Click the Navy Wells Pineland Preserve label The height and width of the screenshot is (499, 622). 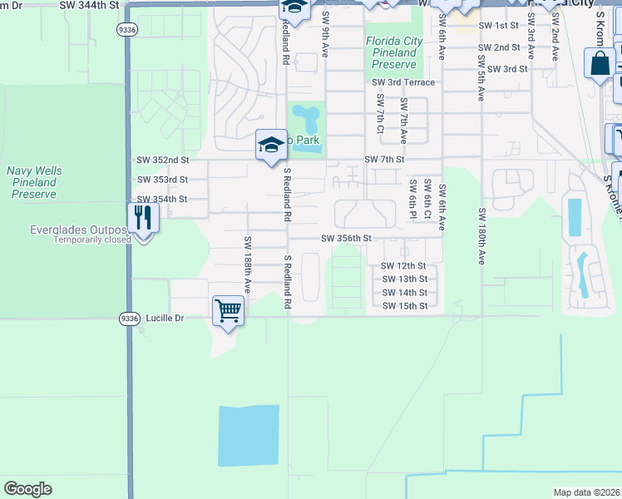coord(34,182)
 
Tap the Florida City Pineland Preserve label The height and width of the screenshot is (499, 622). coord(394,52)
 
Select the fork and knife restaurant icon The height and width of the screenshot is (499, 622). coord(143,218)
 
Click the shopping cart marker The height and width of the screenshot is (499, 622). coord(228,312)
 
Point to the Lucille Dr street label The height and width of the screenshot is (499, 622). coord(165,317)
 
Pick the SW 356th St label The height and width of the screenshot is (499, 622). coord(346,239)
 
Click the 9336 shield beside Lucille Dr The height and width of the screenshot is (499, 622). coord(129,317)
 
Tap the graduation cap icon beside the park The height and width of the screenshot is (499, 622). coord(270,146)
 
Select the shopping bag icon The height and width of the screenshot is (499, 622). coord(600,64)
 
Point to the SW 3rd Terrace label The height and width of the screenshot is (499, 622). coord(403,82)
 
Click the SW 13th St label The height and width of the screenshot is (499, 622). coord(404,279)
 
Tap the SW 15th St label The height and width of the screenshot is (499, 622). coord(404,306)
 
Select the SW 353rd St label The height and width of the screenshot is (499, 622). coord(162,180)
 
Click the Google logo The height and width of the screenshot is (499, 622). coord(27,489)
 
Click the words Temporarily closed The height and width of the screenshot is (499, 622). coord(91,240)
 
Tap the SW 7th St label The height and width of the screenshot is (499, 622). coord(383,159)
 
